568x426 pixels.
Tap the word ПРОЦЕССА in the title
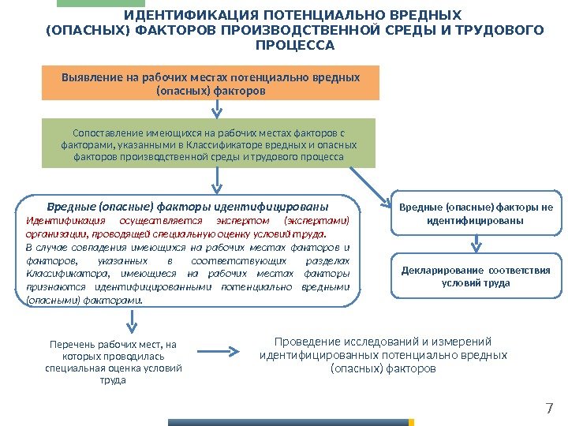tap(296, 45)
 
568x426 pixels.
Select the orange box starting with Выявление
tap(211, 83)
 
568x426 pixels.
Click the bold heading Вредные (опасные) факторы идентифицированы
tap(189, 207)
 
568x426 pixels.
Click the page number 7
tap(551, 408)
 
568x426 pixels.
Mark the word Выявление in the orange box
tap(85, 77)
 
